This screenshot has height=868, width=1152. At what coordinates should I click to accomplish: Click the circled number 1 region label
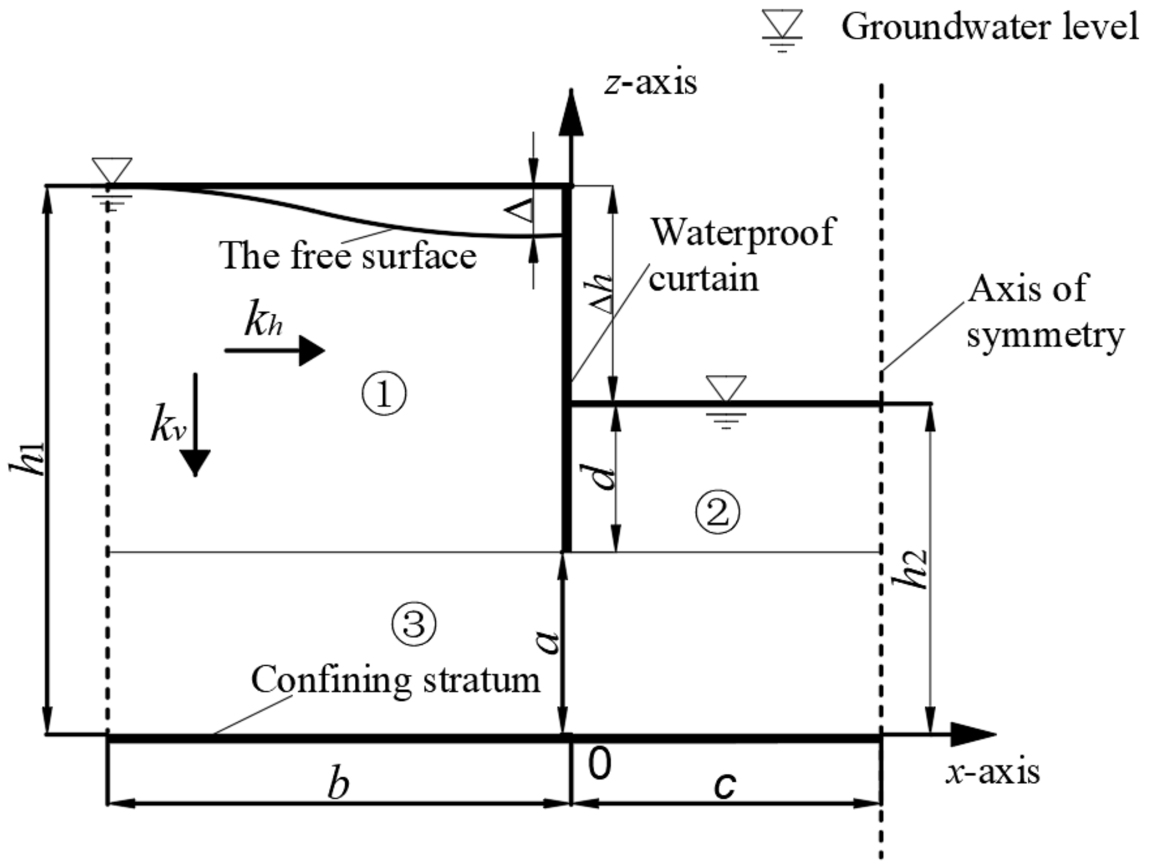384,394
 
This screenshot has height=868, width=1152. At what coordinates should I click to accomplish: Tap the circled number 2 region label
717,512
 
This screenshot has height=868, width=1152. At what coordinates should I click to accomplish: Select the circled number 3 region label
414,624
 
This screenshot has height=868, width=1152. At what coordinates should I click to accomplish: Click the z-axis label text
651,83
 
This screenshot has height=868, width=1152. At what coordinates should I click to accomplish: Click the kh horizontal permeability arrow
275,350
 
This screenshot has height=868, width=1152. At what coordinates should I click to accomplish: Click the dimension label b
338,785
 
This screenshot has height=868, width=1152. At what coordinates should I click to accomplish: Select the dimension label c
725,785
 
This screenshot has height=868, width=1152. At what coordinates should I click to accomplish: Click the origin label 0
599,764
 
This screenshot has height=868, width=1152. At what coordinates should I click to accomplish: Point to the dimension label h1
28,459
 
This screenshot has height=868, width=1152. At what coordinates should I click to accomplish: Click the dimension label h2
910,569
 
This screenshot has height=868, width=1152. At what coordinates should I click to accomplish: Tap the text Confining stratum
395,680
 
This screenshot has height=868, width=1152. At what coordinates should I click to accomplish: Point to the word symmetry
1045,335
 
